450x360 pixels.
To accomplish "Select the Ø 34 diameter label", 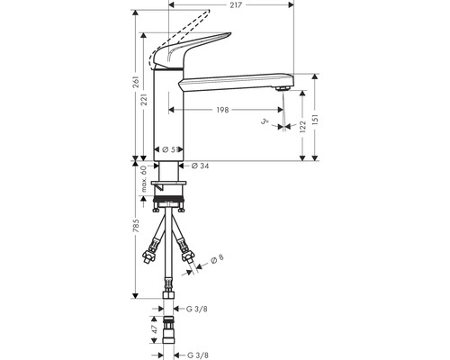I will point(201,165).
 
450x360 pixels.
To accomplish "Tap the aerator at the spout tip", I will point(282,89).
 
